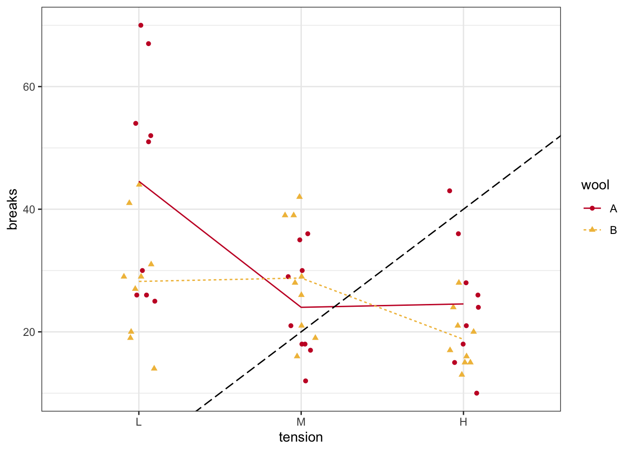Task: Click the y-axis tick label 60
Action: click(29, 87)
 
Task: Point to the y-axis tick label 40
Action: click(29, 209)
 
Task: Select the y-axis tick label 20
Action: click(29, 332)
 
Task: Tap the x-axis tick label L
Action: click(139, 421)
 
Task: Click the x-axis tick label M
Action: click(301, 421)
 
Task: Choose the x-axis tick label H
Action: click(463, 421)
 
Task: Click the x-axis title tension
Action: click(301, 437)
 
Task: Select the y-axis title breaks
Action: click(13, 209)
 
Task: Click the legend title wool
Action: click(595, 185)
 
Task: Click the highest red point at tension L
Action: click(141, 25)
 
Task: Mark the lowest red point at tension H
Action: click(477, 393)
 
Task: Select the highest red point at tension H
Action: click(450, 191)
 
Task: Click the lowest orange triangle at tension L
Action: click(154, 368)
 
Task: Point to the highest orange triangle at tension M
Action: click(300, 196)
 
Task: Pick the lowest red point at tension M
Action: click(306, 381)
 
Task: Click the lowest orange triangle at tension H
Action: click(462, 374)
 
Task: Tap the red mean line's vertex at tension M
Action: click(301, 307)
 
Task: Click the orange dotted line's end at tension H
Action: click(463, 339)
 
